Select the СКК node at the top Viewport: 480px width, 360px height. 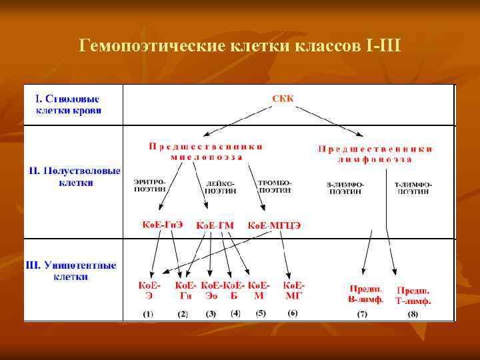[x=283, y=99]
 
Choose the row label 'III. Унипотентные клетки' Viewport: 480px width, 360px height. [x=71, y=270]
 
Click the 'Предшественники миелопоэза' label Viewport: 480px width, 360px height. [x=206, y=151]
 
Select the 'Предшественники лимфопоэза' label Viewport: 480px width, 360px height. [x=375, y=154]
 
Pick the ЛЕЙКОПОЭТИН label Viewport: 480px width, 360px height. [x=221, y=186]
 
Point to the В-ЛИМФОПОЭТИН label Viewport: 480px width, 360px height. [x=345, y=187]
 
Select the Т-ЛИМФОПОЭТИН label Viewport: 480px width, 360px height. [x=413, y=187]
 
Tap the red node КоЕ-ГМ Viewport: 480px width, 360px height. [x=215, y=225]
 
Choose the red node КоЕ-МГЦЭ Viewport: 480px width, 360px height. [x=274, y=225]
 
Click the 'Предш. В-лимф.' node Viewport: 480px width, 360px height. [x=366, y=294]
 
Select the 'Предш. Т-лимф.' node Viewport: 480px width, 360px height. [x=413, y=295]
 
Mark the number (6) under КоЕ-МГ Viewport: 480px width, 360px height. [x=293, y=313]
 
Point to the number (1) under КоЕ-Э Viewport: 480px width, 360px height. [x=147, y=313]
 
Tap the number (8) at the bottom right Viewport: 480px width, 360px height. [x=413, y=313]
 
